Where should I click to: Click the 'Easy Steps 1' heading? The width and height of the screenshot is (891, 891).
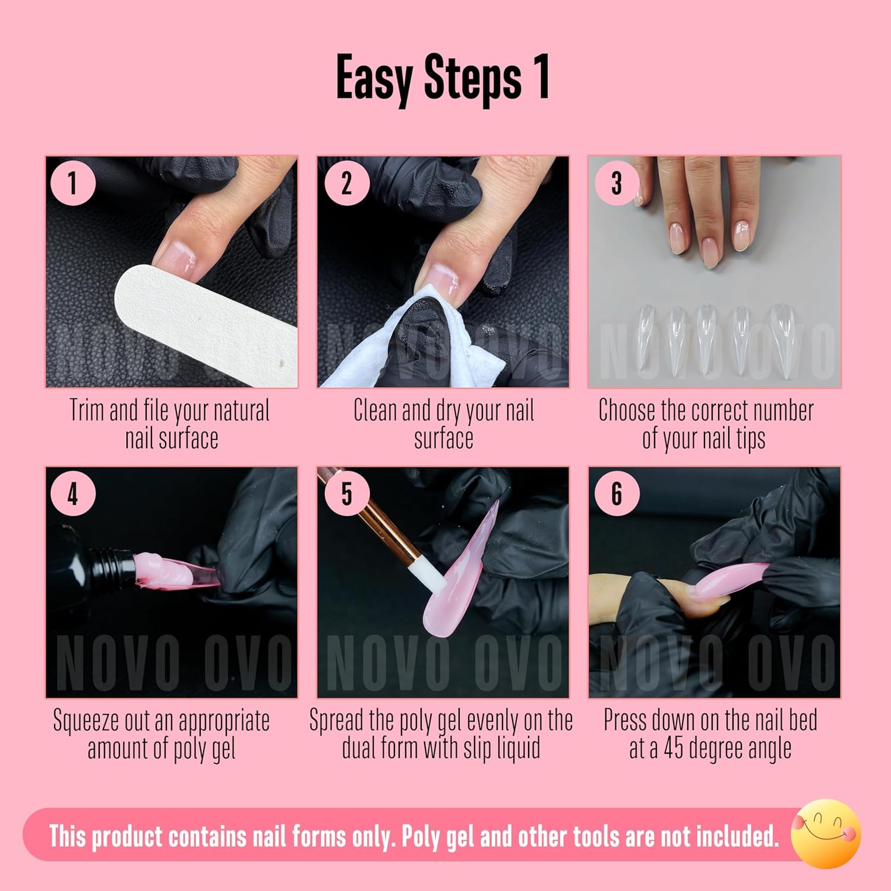[x=443, y=77]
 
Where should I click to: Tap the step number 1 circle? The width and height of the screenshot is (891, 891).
[x=72, y=183]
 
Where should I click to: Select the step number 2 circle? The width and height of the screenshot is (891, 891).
[x=346, y=183]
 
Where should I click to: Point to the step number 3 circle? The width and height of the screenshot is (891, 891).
[x=617, y=183]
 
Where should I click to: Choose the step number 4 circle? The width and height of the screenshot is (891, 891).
[x=72, y=493]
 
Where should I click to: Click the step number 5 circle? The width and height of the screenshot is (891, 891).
[x=346, y=493]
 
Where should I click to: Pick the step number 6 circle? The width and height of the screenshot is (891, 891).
[x=617, y=493]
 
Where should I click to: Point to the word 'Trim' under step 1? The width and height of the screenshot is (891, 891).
[x=87, y=410]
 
